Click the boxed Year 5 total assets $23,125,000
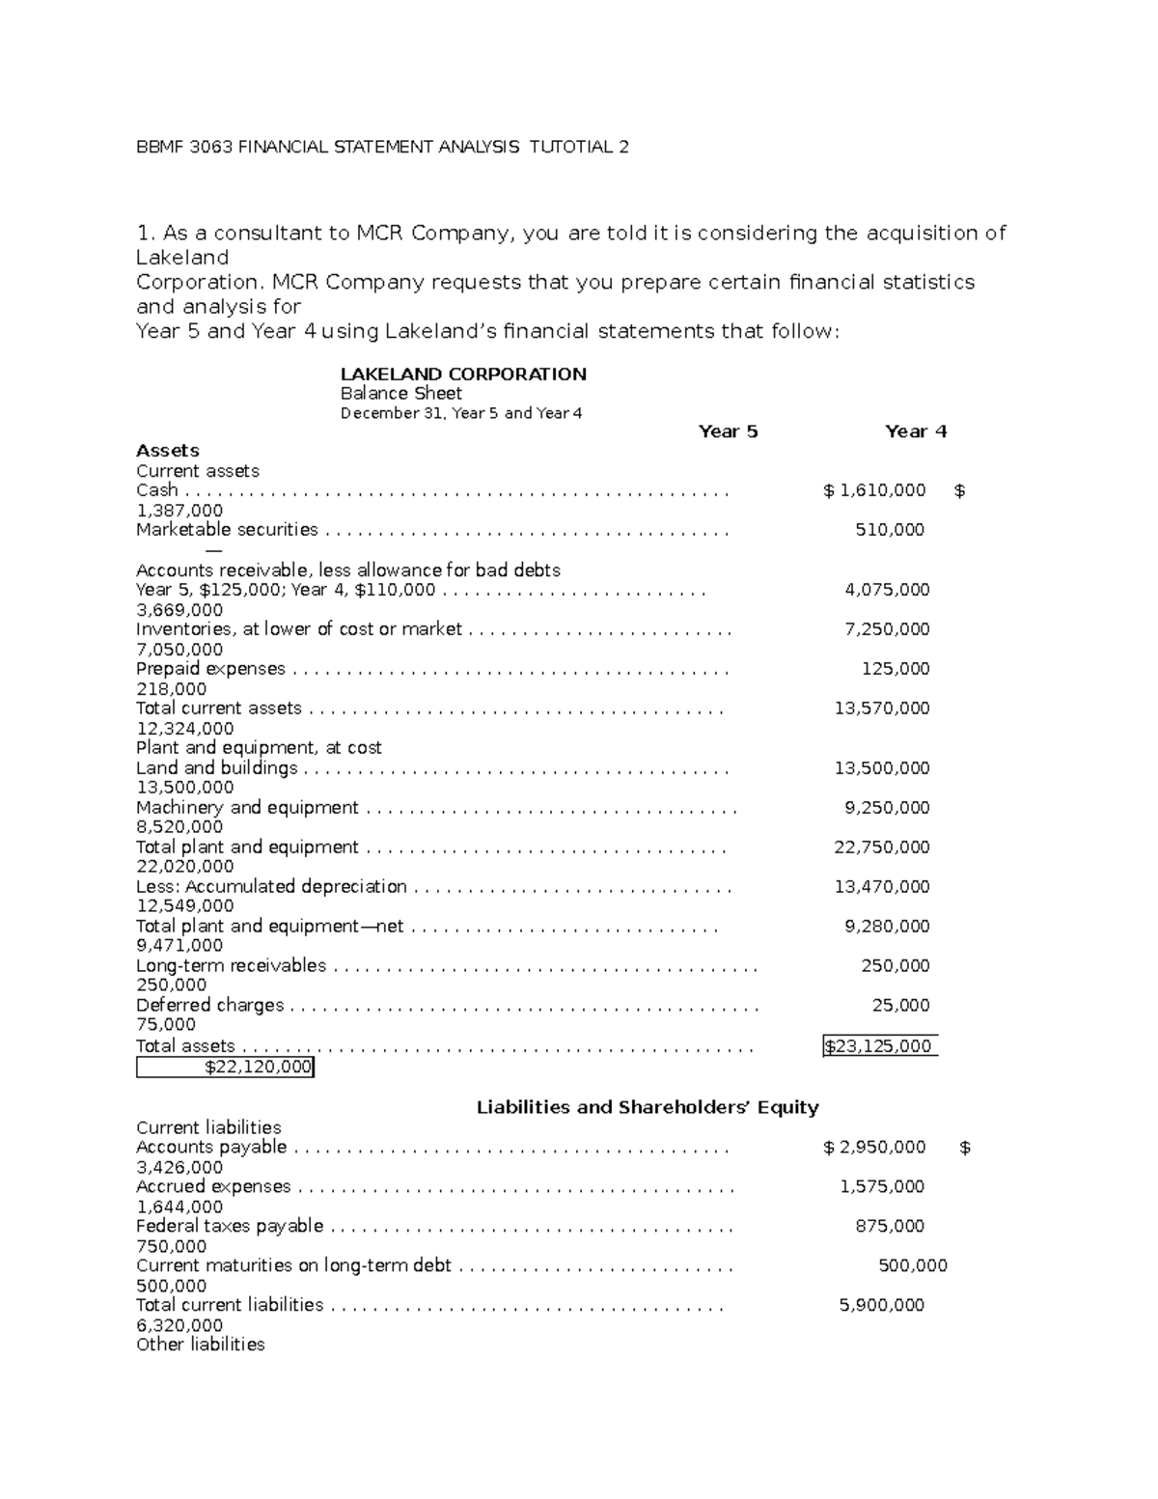879,1045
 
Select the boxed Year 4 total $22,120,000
225,1067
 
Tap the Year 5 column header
728,431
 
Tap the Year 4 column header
915,431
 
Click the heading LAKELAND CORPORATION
463,374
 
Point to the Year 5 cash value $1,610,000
874,490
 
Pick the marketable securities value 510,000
890,530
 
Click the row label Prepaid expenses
210,669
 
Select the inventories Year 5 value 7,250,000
887,629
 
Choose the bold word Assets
168,451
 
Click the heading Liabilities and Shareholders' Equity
648,1107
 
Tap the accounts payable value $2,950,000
874,1147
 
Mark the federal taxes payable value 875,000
890,1226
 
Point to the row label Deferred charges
209,1005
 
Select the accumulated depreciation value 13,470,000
882,886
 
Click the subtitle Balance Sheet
400,394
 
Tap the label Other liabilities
200,1345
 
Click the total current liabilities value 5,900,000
882,1305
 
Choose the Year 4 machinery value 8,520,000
180,827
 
